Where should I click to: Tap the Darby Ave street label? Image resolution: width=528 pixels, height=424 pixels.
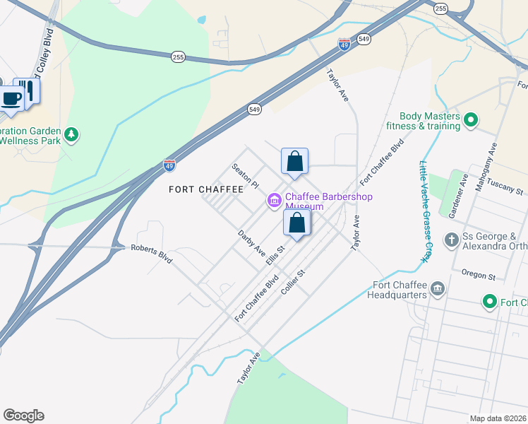(251, 242)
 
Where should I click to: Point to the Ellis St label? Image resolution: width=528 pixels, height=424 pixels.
(275, 255)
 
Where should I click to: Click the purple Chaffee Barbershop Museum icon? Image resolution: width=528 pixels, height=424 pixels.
(274, 202)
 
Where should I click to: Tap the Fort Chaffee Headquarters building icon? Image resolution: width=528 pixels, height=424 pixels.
(438, 289)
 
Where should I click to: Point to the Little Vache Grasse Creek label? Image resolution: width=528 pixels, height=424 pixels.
(425, 211)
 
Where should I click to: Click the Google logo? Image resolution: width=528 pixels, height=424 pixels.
(23, 416)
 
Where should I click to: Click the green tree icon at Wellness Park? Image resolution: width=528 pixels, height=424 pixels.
(71, 134)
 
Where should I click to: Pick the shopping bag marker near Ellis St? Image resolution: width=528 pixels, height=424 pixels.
(297, 223)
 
